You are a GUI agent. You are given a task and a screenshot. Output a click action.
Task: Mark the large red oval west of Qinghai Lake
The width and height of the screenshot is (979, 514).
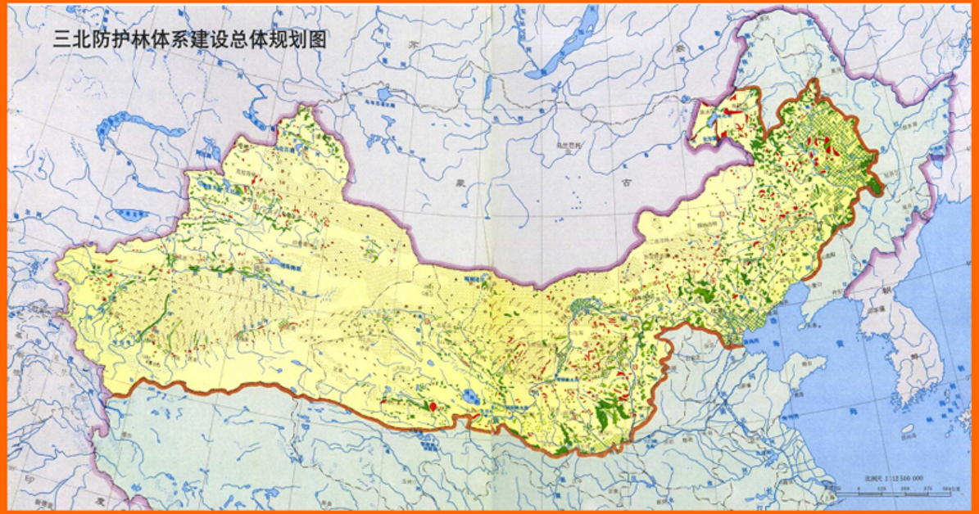point(432,404)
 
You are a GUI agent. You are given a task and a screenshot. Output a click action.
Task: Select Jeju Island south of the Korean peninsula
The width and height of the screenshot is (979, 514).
point(908,429)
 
